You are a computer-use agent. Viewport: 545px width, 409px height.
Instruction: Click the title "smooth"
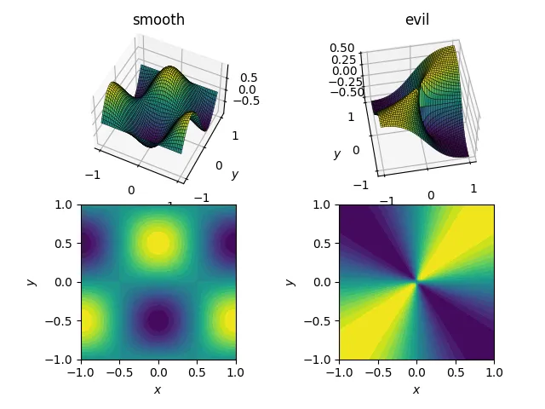click(158, 20)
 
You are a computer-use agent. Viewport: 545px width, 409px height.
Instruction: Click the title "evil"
click(416, 20)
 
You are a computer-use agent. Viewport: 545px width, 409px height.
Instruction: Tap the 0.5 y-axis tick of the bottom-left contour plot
click(66, 243)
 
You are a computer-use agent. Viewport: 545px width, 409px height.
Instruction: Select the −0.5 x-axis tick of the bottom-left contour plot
click(119, 372)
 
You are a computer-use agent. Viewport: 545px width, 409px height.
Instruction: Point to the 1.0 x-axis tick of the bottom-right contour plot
click(494, 372)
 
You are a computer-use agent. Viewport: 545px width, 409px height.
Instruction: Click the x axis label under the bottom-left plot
click(158, 389)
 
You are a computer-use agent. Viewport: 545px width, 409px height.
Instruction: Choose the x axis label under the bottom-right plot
click(416, 389)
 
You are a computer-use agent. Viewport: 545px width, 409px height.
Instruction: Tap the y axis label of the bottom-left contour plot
click(32, 281)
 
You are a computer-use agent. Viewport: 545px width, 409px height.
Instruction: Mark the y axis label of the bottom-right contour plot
click(290, 281)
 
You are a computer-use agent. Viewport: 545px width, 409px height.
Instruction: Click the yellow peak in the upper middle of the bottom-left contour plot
click(158, 243)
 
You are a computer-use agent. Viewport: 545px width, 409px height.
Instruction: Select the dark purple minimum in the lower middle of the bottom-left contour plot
click(158, 320)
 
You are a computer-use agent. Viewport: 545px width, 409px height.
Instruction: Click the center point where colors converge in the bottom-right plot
click(416, 281)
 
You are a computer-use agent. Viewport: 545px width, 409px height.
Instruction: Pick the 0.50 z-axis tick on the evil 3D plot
click(342, 49)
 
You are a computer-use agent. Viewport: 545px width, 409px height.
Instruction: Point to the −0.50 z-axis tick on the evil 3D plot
click(338, 93)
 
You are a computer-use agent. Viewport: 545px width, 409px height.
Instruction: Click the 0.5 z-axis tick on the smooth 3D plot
click(249, 78)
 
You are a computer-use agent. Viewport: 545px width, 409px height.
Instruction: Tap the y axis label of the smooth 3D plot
click(234, 175)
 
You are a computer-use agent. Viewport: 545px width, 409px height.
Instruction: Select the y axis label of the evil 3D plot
click(337, 154)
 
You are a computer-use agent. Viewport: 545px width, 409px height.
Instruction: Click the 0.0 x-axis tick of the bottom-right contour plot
click(416, 372)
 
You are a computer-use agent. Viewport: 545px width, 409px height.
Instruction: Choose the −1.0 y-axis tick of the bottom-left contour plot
click(61, 360)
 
